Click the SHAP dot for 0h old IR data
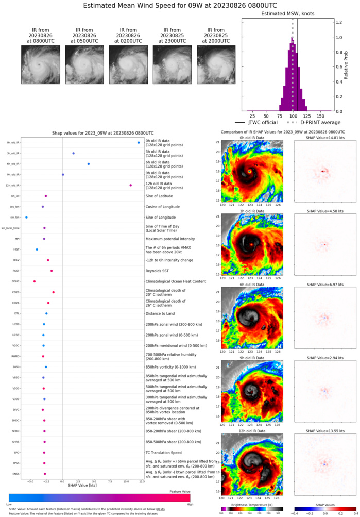click(139, 143)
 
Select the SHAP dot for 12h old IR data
click(131, 185)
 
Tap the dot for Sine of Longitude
click(26, 217)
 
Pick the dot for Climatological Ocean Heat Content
click(35, 281)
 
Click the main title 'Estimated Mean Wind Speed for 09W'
click(180, 6)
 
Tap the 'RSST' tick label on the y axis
click(16, 271)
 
